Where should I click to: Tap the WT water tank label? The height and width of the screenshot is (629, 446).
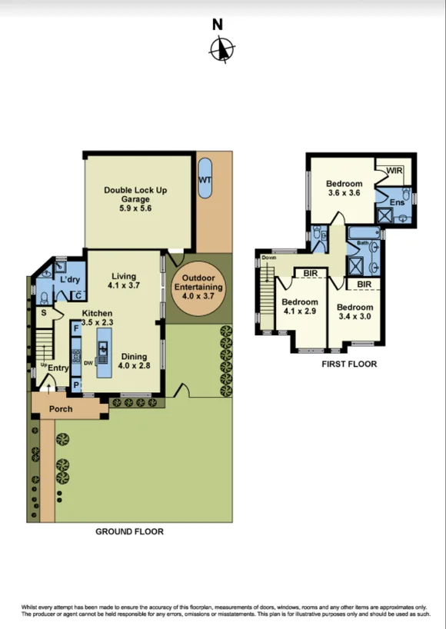coord(205,180)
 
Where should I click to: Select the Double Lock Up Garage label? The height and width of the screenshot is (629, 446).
coord(135,198)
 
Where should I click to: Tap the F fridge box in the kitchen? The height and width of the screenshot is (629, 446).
coord(76,328)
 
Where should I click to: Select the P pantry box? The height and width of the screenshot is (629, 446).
coord(76,384)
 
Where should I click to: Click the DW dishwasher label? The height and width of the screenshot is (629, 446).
coord(89,361)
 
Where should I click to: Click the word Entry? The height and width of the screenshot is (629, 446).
coord(58,368)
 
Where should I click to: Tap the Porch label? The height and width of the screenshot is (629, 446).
coord(61,409)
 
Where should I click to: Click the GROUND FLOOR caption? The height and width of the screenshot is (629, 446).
coord(129,531)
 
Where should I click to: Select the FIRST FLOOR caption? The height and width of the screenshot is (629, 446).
coord(349,364)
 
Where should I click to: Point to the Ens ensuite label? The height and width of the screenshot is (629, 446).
coord(396,201)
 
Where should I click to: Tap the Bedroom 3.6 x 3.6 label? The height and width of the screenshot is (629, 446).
coord(344,188)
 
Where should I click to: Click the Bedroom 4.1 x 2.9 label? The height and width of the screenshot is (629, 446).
coord(299,308)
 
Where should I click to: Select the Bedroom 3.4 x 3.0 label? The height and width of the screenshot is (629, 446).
coord(355,312)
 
